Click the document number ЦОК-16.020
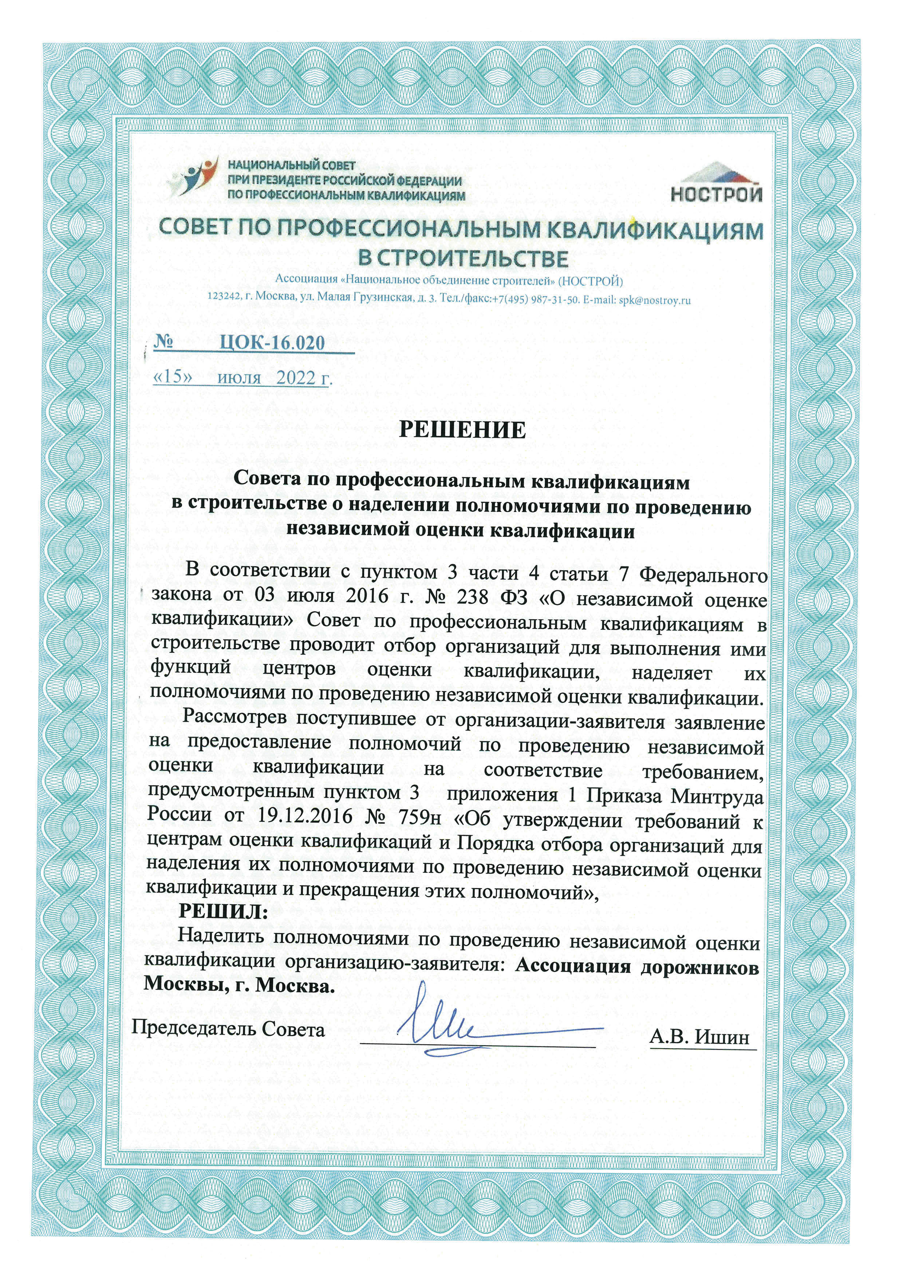[x=272, y=342]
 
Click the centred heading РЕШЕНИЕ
[x=463, y=430]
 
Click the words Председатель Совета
[x=228, y=1029]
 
